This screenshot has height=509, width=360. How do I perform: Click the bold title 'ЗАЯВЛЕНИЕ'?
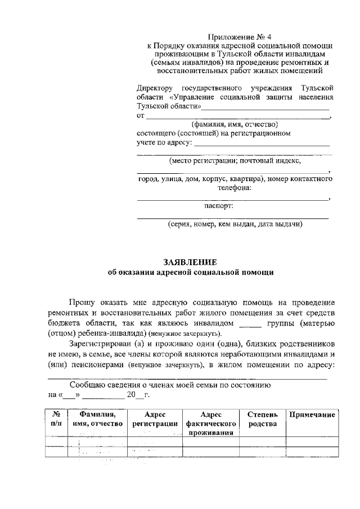click(x=190, y=262)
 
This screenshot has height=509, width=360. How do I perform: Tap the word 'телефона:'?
click(x=235, y=188)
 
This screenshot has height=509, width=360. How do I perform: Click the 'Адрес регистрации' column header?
click(x=154, y=419)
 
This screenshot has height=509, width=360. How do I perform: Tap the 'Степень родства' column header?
click(x=262, y=419)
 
